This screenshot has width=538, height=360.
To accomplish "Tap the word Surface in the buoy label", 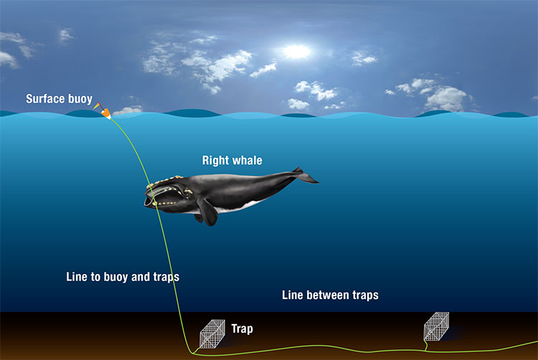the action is coord(45,99).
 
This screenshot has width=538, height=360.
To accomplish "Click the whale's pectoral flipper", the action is coord(208,212).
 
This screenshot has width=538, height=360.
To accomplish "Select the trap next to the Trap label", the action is coord(212,334).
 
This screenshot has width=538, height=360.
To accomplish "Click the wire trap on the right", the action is coord(436,326).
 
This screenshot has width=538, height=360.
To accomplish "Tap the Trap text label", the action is coord(242,328).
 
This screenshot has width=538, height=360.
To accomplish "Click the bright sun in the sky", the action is coord(297,52).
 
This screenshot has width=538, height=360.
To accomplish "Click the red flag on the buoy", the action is coord(98,105).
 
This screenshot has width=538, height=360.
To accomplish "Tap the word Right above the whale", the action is coord(214,160).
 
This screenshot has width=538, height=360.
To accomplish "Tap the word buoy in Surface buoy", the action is coord(80,99).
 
